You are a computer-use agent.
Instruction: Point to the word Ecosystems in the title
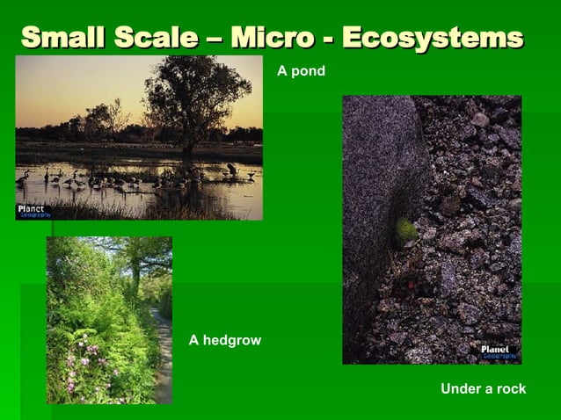pyautogui.click(x=432, y=38)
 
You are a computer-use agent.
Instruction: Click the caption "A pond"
pyautogui.click(x=302, y=71)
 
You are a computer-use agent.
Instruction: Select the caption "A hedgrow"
pyautogui.click(x=225, y=340)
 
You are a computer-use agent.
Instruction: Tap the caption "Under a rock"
pyautogui.click(x=483, y=388)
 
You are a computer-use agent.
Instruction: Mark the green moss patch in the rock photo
pyautogui.click(x=404, y=231)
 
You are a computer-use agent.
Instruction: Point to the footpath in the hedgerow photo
pyautogui.click(x=163, y=360)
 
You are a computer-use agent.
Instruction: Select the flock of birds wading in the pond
pyautogui.click(x=132, y=179)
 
